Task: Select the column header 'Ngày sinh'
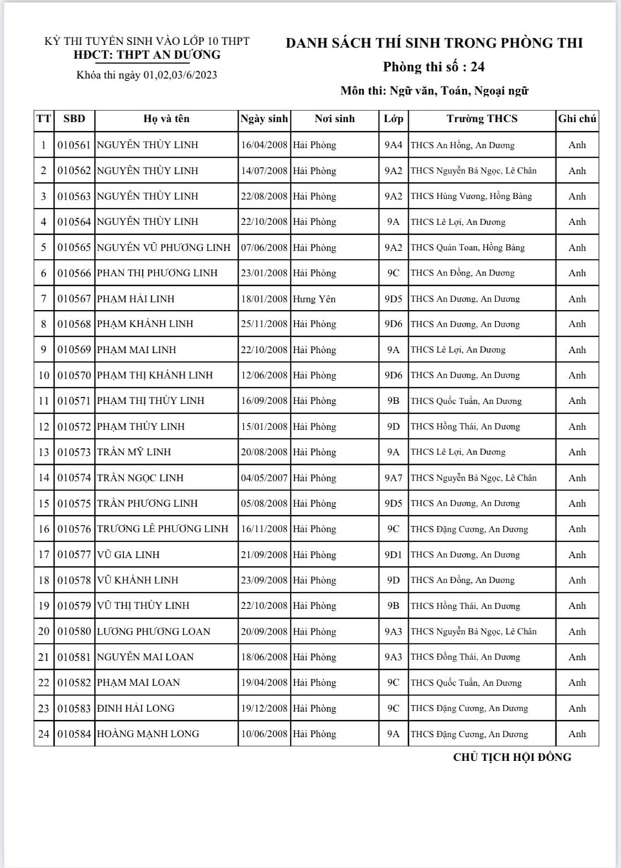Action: (264, 119)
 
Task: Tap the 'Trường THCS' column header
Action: (482, 119)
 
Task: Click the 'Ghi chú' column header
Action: (577, 119)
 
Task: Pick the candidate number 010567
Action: (74, 298)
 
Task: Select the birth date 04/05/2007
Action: (264, 478)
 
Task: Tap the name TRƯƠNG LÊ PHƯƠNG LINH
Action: (162, 529)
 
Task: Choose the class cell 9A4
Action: (393, 145)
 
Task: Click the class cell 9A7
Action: (393, 478)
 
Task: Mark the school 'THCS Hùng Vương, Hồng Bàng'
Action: (471, 196)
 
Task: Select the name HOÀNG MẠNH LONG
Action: (148, 733)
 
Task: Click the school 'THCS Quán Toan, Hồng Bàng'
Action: (468, 247)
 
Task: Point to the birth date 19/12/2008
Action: (264, 708)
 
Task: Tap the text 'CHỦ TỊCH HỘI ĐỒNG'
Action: (512, 757)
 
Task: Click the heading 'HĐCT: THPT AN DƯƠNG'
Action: (148, 55)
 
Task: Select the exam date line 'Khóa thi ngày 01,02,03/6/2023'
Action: (148, 75)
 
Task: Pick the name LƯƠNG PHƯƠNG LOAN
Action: (153, 631)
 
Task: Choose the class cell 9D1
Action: (393, 554)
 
